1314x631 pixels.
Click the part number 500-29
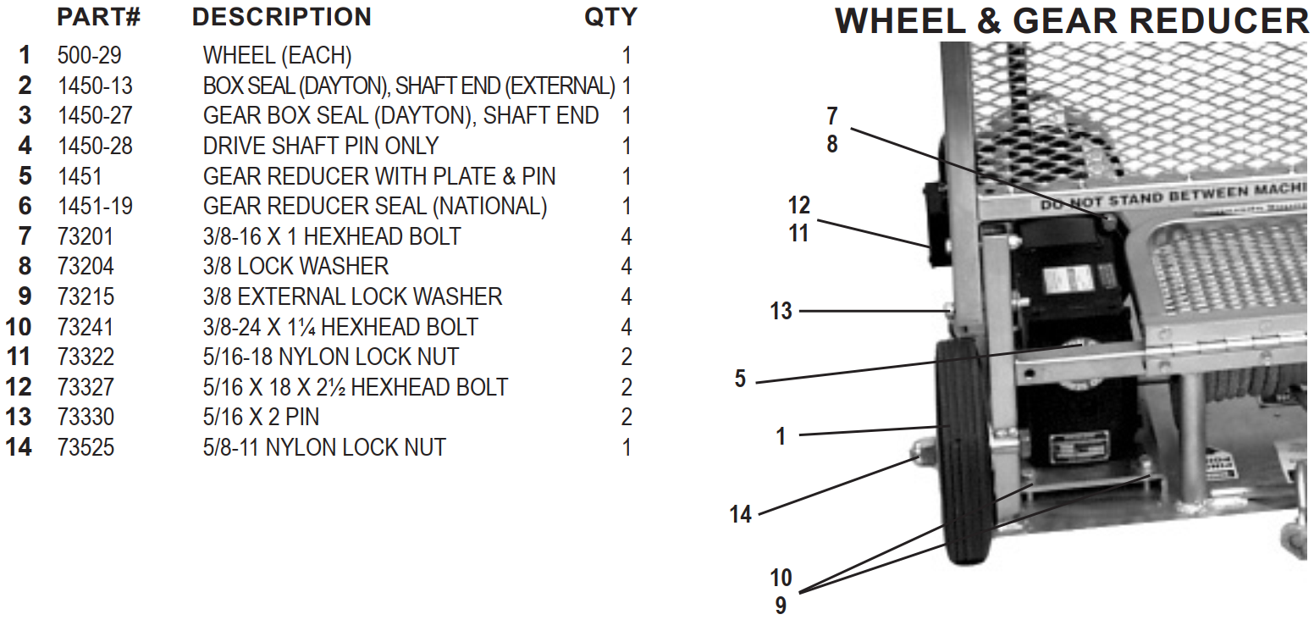[89, 56]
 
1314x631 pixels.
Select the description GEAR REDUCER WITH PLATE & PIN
[378, 176]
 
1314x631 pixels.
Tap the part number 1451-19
[95, 206]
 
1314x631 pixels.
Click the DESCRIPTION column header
[281, 17]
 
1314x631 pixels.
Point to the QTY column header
[610, 17]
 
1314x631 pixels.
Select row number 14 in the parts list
[19, 447]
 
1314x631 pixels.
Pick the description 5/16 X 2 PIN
[261, 417]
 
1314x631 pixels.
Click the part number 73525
[86, 447]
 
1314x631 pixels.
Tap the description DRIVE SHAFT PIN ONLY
[320, 146]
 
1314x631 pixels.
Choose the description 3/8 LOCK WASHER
[295, 266]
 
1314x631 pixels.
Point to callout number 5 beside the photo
[740, 379]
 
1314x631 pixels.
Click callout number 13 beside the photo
[781, 312]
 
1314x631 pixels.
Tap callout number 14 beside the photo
[740, 514]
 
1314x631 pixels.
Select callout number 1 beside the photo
[781, 436]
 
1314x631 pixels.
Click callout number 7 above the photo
[831, 116]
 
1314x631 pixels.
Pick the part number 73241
[86, 327]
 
